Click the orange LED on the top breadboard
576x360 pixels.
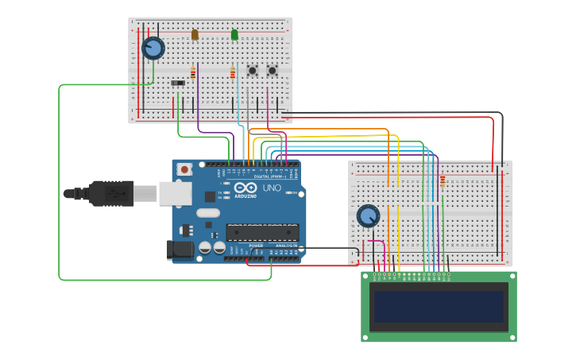click(195, 35)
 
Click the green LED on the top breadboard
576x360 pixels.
click(234, 35)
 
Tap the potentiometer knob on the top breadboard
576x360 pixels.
click(153, 48)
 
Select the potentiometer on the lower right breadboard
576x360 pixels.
click(368, 215)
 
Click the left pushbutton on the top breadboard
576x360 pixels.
click(253, 70)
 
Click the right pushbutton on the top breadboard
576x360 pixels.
click(272, 70)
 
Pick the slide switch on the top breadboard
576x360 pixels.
click(178, 82)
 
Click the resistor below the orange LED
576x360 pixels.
click(192, 73)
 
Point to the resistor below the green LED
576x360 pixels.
click(233, 73)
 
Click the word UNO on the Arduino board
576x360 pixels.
click(272, 188)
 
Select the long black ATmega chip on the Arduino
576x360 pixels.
click(262, 232)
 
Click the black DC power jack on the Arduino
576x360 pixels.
click(182, 250)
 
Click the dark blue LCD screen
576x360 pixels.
click(439, 306)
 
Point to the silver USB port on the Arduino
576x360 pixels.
click(176, 193)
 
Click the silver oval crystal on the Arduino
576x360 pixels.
click(207, 213)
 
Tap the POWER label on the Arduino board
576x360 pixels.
click(256, 246)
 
